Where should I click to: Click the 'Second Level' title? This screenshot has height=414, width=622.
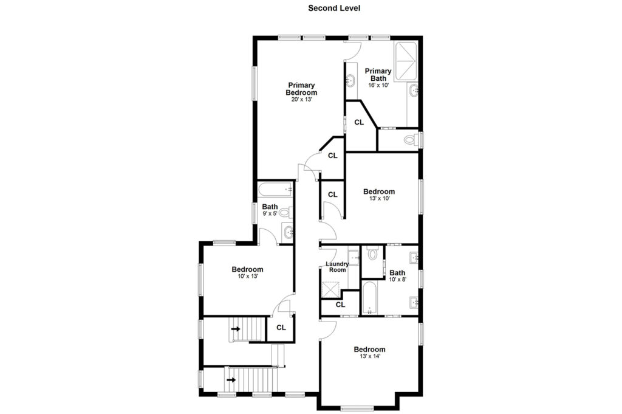coord(334,8)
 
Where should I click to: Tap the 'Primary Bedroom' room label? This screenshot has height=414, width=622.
coord(301,89)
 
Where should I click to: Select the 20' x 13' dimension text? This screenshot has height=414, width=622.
coord(301,100)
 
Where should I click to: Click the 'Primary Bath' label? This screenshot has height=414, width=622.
coord(378,75)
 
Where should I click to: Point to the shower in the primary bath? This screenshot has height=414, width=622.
coord(405,61)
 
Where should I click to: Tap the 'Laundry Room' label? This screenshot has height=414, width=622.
coord(337,267)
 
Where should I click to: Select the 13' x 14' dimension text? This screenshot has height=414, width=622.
coord(370,356)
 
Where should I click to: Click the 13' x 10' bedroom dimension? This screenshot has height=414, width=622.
coord(379,198)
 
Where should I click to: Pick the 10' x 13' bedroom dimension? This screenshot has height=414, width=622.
coord(248,276)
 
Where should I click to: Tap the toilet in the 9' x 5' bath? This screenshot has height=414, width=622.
coord(287,213)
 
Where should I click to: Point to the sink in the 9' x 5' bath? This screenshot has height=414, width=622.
coord(288,232)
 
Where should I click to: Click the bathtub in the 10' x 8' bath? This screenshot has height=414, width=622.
coord(369,298)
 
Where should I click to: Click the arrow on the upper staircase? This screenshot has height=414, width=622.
coord(236,329)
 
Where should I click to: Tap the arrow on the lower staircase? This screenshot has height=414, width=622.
coord(231,380)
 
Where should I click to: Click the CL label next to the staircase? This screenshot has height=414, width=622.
coord(281,328)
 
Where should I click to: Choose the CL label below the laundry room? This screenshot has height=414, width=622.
coord(340,305)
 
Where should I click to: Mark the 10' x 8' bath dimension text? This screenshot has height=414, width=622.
coord(397,280)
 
